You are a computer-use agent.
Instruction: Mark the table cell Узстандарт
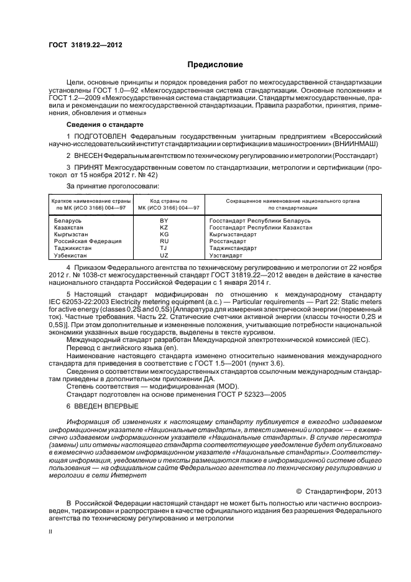[226, 255]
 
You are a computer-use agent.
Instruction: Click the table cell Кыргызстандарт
[233, 234]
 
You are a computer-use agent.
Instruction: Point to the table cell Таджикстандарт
[233, 248]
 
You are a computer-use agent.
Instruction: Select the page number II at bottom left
[51, 533]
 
